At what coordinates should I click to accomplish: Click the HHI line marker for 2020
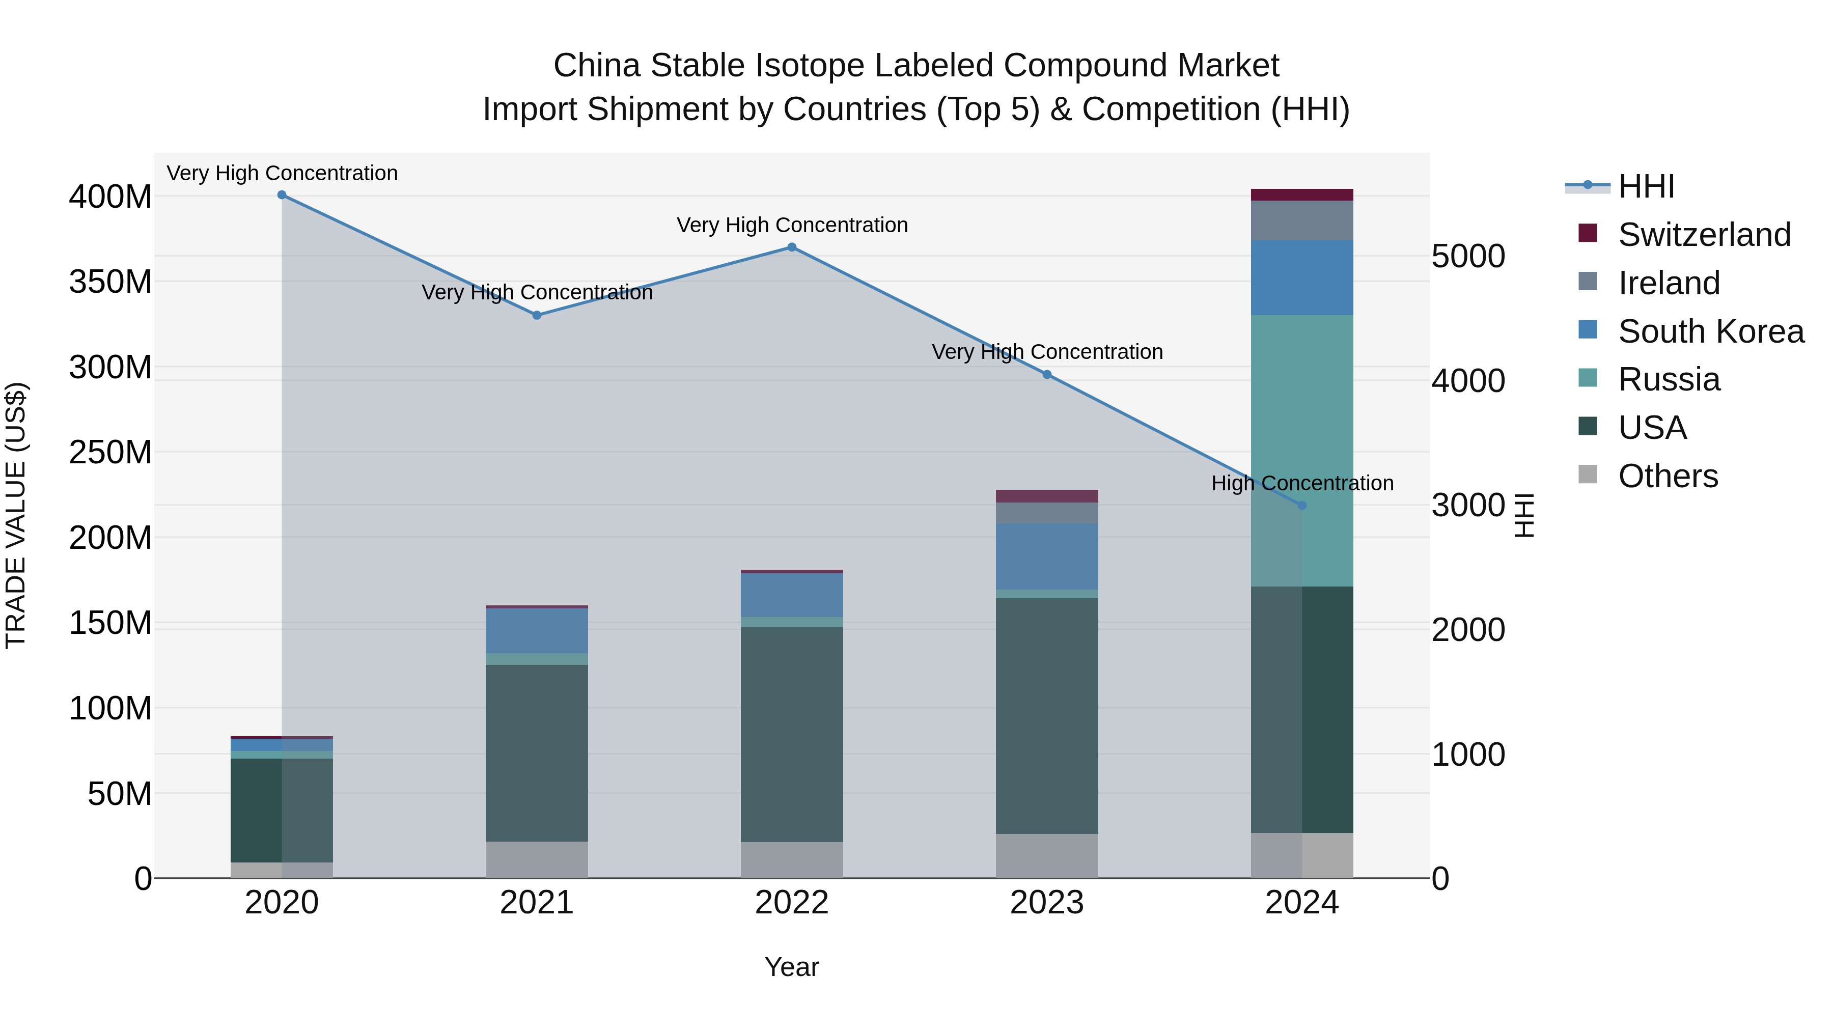[282, 195]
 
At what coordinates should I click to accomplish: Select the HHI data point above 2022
[791, 247]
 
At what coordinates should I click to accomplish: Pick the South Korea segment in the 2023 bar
[1047, 556]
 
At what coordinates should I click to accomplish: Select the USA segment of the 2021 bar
[537, 753]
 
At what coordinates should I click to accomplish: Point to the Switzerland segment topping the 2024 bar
[1302, 195]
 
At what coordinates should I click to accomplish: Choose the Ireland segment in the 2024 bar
[1302, 220]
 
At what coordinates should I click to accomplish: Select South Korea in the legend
[1711, 331]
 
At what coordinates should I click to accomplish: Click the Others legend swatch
[1588, 475]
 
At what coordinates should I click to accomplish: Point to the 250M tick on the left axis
[110, 453]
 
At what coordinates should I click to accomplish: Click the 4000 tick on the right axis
[1468, 381]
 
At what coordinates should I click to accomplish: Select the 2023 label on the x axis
[1047, 903]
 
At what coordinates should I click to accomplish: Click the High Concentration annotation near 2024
[1302, 483]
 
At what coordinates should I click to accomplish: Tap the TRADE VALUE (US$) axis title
[16, 515]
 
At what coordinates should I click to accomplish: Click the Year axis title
[791, 967]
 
